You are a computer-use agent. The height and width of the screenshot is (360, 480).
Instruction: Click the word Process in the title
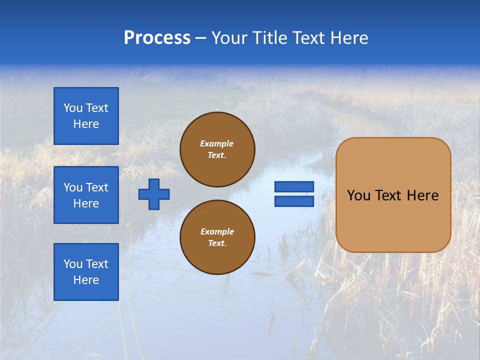157,38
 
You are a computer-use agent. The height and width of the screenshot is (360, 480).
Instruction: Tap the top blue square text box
86,116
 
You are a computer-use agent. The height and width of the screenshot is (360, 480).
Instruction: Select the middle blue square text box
86,195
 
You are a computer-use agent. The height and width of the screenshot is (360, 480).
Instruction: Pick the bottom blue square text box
86,272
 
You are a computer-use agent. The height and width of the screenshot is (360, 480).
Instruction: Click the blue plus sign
154,194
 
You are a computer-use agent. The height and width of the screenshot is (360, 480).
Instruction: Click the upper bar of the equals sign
294,187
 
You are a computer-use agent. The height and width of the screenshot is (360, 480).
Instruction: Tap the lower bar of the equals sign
294,201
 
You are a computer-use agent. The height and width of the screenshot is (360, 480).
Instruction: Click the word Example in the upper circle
217,143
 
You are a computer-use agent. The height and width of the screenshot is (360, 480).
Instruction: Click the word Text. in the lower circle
217,243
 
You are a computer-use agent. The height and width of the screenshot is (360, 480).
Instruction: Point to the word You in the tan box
358,195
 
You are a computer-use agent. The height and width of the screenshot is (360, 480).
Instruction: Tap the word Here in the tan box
422,195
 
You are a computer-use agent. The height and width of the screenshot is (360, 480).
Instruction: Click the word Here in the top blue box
86,124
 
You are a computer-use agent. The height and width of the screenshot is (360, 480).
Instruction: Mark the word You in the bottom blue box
73,264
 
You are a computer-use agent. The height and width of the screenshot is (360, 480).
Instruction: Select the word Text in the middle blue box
97,187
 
